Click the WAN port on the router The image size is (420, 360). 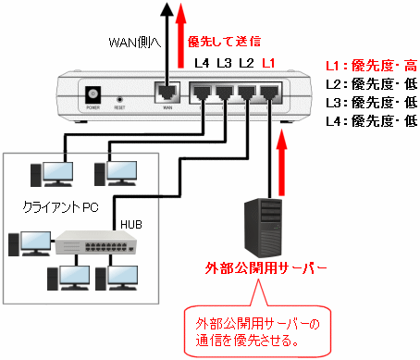pos(167,93)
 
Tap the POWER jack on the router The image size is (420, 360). pos(93,94)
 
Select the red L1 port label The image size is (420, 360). pos(268,63)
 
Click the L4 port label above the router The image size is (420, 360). pos(202,63)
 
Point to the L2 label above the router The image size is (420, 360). pos(246,63)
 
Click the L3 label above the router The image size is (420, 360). pos(224,63)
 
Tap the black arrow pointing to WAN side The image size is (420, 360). pos(167,46)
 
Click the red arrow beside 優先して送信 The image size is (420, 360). pos(180,35)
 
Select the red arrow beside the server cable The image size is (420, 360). pos(281,163)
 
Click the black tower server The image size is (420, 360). pos(263,228)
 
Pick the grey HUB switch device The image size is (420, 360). pos(96,242)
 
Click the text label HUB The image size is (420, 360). pos(131,225)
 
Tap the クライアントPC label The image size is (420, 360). pos(61,207)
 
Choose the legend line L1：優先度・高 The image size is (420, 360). pos(372,66)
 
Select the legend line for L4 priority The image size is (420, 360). pos(372,121)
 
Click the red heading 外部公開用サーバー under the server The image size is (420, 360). pos(266,268)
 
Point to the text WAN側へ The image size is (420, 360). pos(135,43)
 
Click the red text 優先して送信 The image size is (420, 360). pos(224,42)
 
